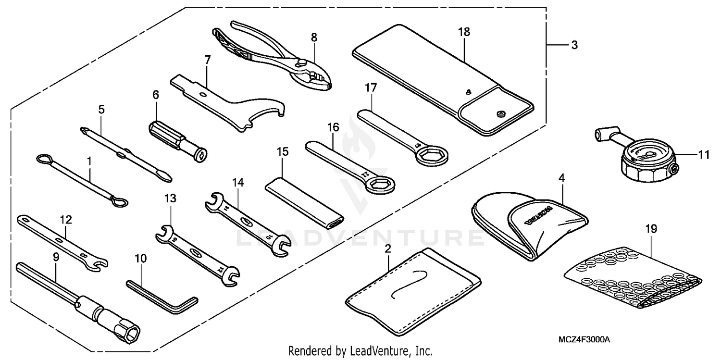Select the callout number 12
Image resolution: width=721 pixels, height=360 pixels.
66,220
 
